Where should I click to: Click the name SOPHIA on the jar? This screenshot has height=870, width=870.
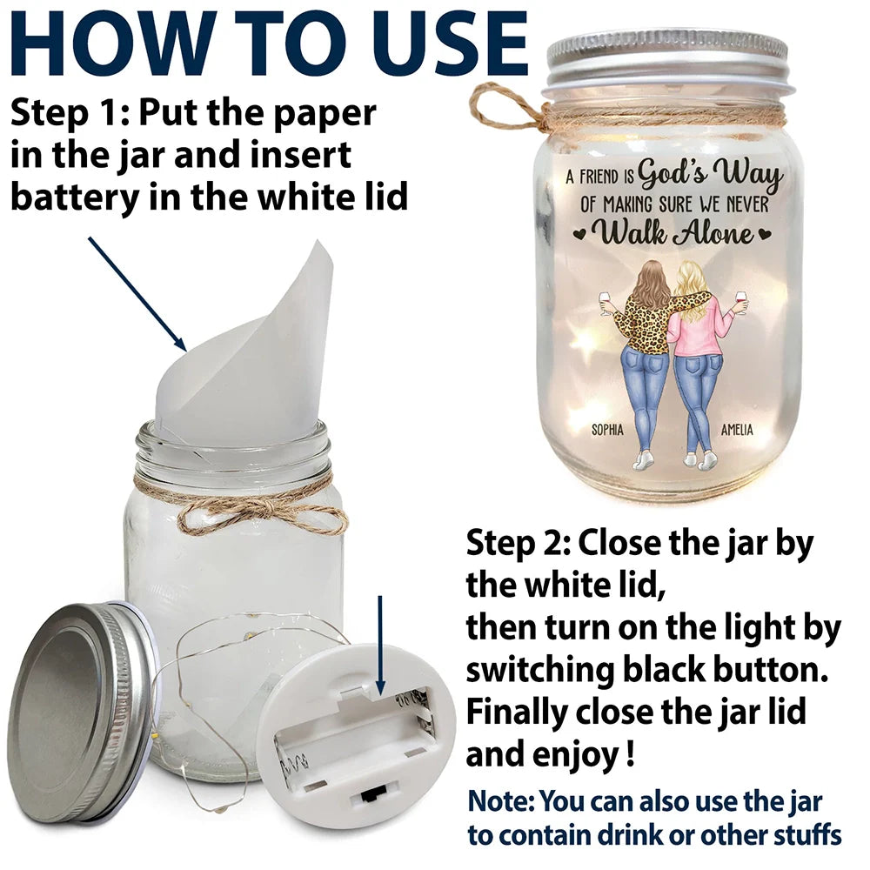click(608, 430)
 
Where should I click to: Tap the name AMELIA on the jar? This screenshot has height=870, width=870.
click(737, 430)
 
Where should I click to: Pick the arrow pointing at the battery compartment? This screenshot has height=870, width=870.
click(380, 644)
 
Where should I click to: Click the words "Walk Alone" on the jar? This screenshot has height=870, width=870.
click(673, 233)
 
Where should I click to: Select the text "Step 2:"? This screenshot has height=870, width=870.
click(517, 546)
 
